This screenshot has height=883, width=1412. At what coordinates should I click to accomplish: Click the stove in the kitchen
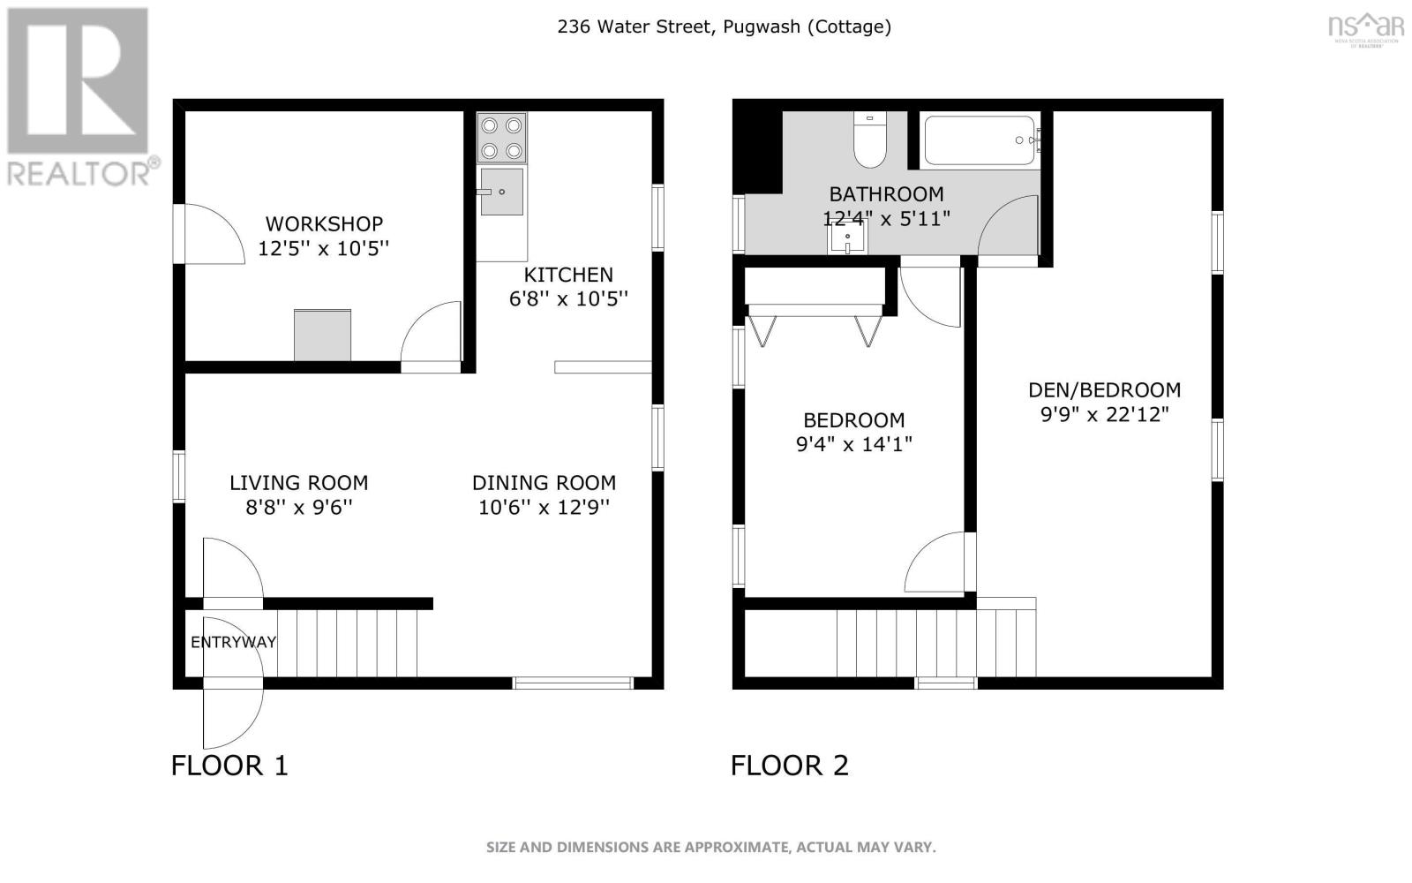pos(502,138)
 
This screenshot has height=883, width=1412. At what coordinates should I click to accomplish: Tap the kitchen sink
pos(502,192)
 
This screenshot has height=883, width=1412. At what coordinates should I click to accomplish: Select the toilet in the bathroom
pos(870,140)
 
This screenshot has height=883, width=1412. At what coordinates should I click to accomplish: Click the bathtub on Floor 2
pos(980,140)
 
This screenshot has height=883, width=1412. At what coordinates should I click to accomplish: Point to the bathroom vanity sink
pos(847,238)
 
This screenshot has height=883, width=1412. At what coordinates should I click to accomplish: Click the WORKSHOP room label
pos(324,224)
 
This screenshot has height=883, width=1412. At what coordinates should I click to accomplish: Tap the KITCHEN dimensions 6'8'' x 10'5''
pos(568,298)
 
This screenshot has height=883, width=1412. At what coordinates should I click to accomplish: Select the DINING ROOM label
pos(544,483)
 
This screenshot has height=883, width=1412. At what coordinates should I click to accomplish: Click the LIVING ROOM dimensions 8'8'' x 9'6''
pos(299,507)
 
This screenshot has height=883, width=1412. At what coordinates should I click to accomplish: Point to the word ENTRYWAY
pos(233,642)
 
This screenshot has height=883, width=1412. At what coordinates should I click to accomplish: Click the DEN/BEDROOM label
pos(1104,389)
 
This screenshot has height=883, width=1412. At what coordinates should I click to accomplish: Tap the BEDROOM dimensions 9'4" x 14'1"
pos(854,444)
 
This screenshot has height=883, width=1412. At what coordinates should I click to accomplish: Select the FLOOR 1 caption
pos(229,766)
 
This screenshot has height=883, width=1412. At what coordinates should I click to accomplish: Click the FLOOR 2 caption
pos(790,766)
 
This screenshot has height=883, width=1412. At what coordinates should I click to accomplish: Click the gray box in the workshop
pos(323,336)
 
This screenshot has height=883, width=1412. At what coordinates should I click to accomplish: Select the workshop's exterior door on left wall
pos(208,233)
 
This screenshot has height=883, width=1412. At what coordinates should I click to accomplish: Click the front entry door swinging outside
pos(233,713)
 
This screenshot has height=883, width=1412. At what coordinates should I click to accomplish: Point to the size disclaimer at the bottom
pos(711,847)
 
